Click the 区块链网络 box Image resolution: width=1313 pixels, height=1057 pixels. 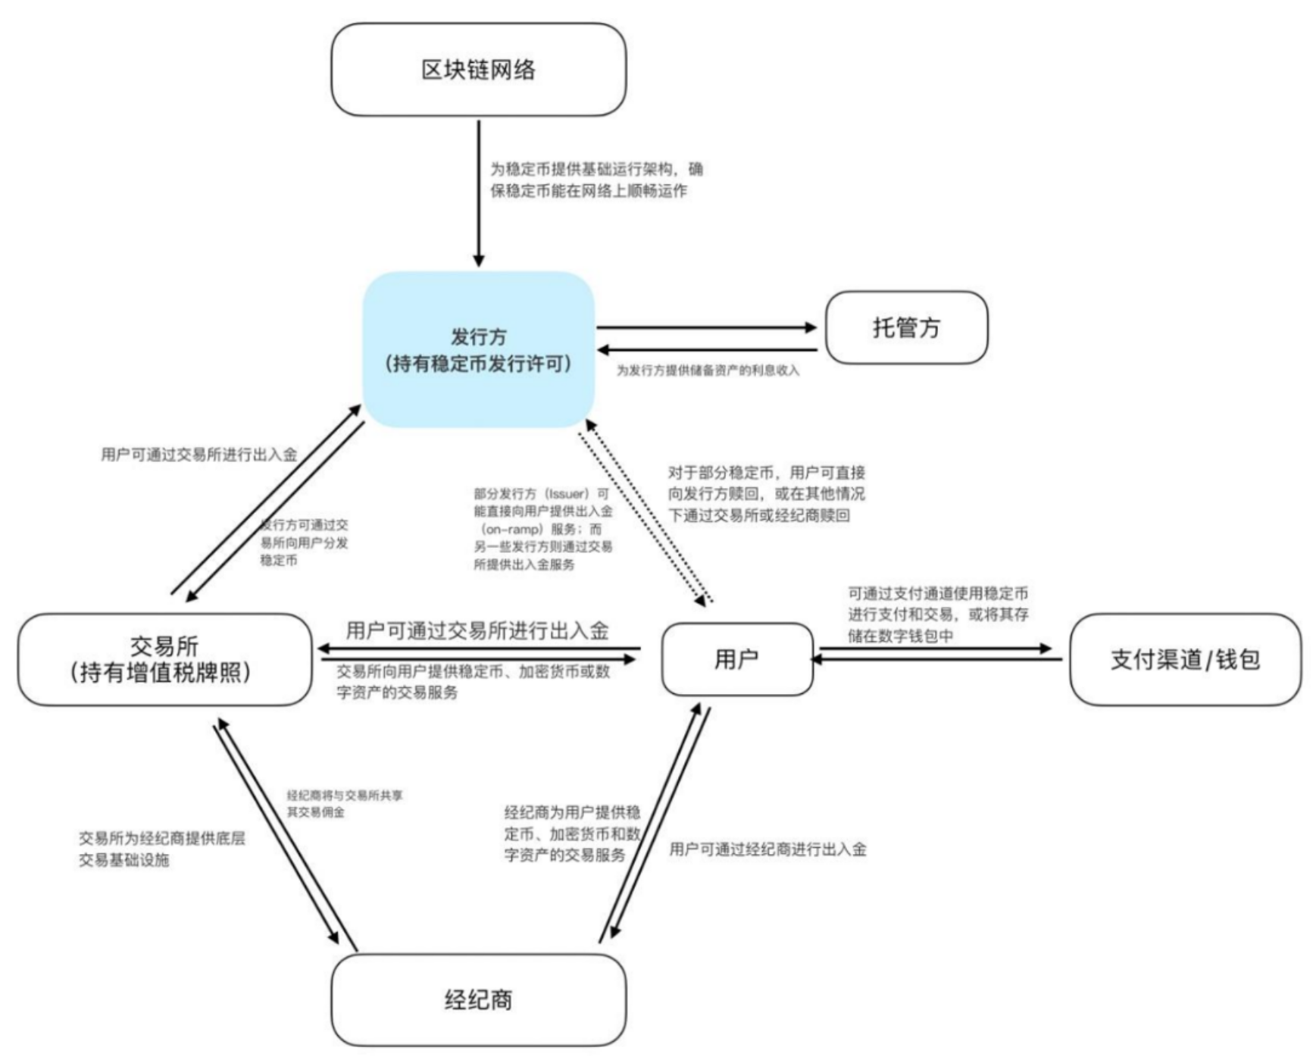click(x=478, y=70)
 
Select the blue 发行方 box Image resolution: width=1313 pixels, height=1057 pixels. click(x=478, y=350)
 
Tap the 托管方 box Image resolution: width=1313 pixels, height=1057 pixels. click(x=906, y=327)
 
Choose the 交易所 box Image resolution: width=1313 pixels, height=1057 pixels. click(x=164, y=659)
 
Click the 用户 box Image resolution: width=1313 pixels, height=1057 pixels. click(x=736, y=659)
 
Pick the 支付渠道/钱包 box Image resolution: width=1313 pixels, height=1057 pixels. click(x=1185, y=659)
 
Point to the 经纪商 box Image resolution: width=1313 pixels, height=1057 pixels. click(x=478, y=999)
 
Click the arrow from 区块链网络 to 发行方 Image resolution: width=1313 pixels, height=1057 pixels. click(x=478, y=193)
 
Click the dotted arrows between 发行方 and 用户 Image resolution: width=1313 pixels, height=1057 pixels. click(x=646, y=514)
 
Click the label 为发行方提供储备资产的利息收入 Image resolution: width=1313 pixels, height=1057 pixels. click(x=707, y=371)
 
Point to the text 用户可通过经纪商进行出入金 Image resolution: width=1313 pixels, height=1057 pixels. click(x=767, y=849)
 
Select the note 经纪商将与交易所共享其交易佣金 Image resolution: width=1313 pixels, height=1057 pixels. click(x=344, y=803)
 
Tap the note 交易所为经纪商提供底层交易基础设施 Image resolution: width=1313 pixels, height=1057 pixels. click(x=161, y=849)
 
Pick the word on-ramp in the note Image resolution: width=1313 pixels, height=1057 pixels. click(x=513, y=529)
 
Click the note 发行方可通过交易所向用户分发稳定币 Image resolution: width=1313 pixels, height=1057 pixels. click(x=304, y=543)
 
